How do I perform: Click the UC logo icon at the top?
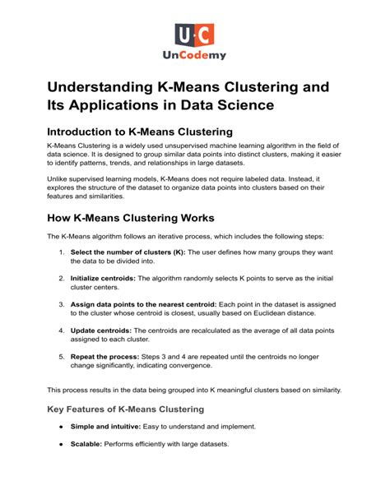194,35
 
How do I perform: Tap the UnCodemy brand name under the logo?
194,56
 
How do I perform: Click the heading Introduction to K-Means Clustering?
140,132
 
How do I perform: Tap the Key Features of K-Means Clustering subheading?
125,409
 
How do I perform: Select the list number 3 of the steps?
63,304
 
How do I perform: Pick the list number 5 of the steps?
63,358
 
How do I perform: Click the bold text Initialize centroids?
109,278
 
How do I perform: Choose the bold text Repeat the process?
110,358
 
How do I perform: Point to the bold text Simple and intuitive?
110,427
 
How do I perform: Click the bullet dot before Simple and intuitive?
62,427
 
